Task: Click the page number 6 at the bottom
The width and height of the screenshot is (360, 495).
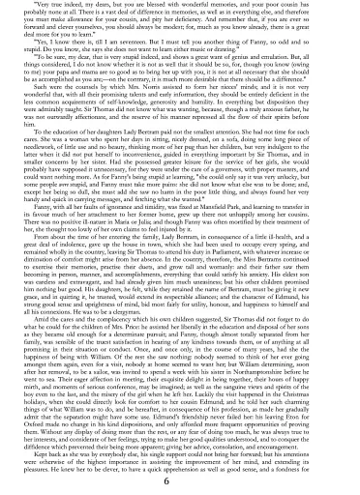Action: [x=180, y=481]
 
